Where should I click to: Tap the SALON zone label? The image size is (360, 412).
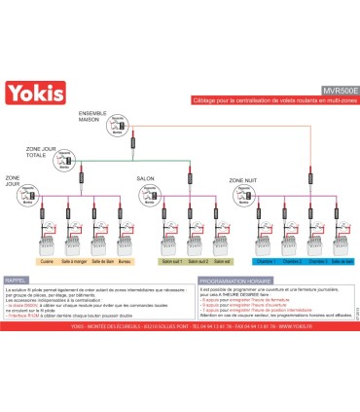coord(147,179)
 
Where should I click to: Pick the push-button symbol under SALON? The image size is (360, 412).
coord(147,192)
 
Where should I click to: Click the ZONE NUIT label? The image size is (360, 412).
coord(243,180)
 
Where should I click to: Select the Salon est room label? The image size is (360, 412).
coord(222,262)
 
